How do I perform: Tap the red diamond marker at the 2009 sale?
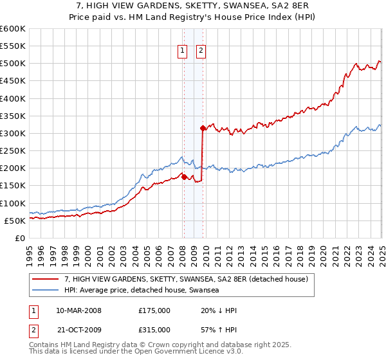click(x=203, y=128)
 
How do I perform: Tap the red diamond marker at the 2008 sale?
click(x=184, y=177)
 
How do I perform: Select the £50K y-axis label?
click(x=15, y=221)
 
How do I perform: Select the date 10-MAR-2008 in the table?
click(x=79, y=310)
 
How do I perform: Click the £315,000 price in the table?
click(x=154, y=330)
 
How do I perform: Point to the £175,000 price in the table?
click(x=154, y=310)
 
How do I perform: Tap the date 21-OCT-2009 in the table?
click(x=79, y=330)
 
